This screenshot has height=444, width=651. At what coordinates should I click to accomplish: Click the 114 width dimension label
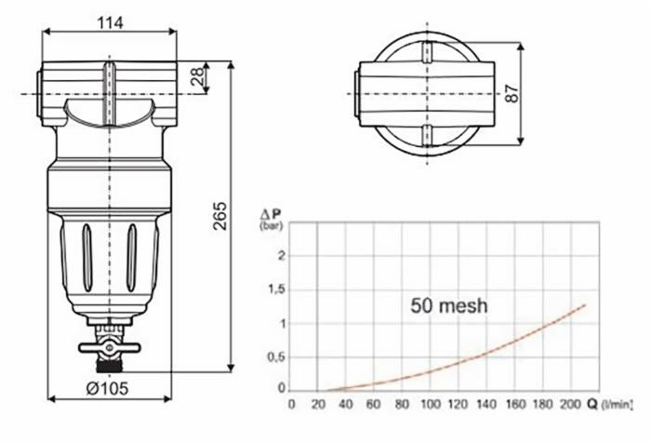click(x=110, y=22)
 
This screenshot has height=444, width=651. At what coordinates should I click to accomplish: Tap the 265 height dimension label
click(x=219, y=216)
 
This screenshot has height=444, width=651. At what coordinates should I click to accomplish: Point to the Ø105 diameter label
click(x=107, y=388)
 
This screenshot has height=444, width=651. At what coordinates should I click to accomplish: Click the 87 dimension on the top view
click(x=512, y=93)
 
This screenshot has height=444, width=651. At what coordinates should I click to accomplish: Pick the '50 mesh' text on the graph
click(x=449, y=306)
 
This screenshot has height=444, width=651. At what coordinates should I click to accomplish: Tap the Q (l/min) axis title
click(x=610, y=404)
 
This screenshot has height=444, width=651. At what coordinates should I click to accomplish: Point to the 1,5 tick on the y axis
click(x=277, y=289)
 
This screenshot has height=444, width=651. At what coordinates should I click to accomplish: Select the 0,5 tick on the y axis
click(x=277, y=357)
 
